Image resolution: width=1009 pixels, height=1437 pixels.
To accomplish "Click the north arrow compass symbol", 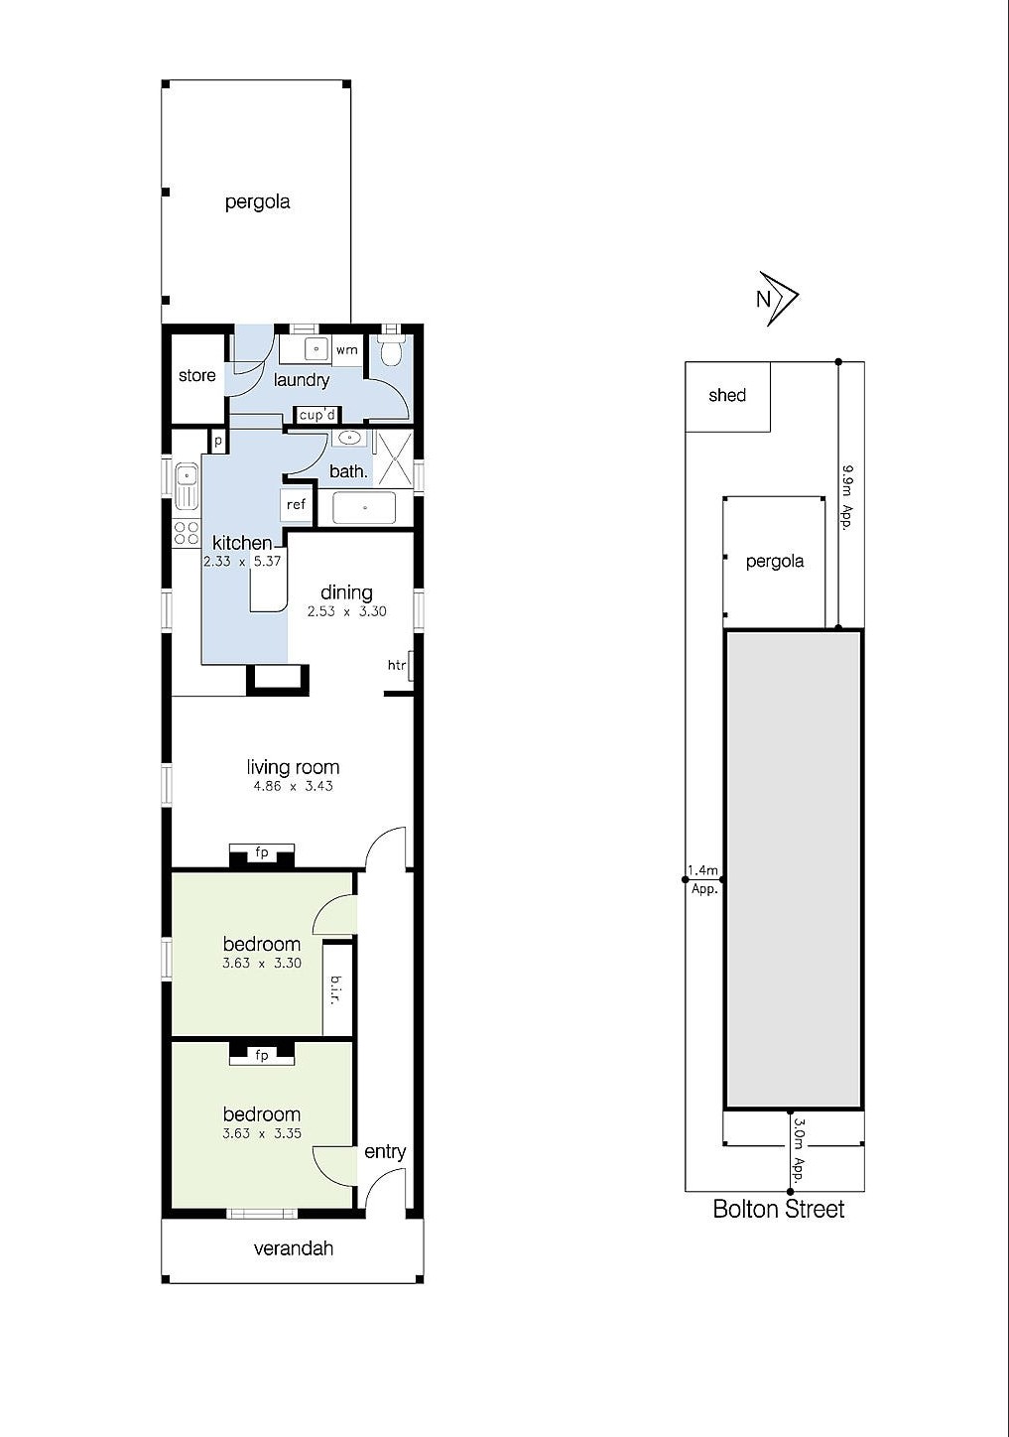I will [x=778, y=298].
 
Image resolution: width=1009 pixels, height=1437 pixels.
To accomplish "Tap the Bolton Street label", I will [x=779, y=1209].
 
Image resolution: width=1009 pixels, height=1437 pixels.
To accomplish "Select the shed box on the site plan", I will [x=727, y=396].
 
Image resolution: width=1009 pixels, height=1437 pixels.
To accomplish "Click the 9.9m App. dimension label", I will [x=847, y=495].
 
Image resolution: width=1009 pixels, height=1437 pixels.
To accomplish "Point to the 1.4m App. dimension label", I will [x=703, y=879].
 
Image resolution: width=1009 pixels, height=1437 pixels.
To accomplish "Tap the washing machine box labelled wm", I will [x=346, y=350].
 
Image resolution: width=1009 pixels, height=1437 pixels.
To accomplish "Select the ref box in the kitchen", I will [x=296, y=505].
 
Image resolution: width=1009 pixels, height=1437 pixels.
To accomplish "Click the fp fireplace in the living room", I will [x=262, y=853].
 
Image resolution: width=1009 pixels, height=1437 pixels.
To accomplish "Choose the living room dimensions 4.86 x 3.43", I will [x=293, y=786].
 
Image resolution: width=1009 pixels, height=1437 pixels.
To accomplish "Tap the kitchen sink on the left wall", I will [x=186, y=486].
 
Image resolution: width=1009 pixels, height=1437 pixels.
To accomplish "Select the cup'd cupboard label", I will [x=317, y=415].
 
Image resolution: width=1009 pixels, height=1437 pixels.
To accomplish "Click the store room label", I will [x=197, y=375].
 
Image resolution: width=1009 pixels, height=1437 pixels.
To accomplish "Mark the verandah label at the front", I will [x=293, y=1248].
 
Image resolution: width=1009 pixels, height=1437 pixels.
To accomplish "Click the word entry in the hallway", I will [x=385, y=1151].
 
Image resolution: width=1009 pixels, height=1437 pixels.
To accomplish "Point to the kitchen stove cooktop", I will [x=186, y=532].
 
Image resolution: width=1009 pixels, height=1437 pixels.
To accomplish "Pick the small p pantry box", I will [x=217, y=440].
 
